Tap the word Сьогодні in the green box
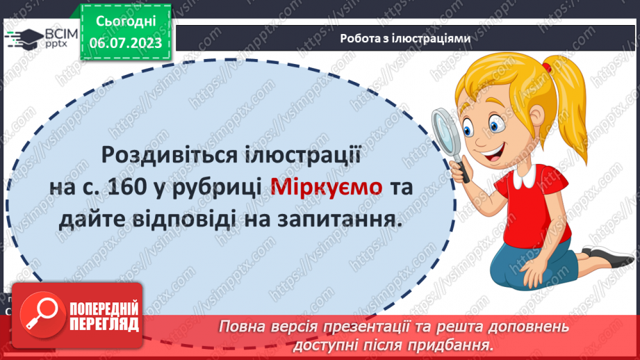(125, 23)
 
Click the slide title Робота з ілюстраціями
(406, 39)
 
